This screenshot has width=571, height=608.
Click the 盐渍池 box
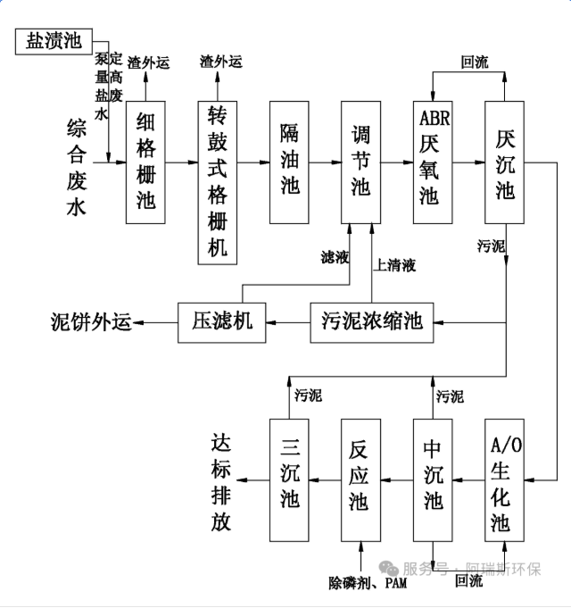pyautogui.click(x=54, y=40)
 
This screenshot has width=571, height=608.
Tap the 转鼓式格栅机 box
pyautogui.click(x=218, y=181)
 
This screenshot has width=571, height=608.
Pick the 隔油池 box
pyautogui.click(x=290, y=161)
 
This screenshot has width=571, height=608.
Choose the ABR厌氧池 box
pyautogui.click(x=432, y=161)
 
